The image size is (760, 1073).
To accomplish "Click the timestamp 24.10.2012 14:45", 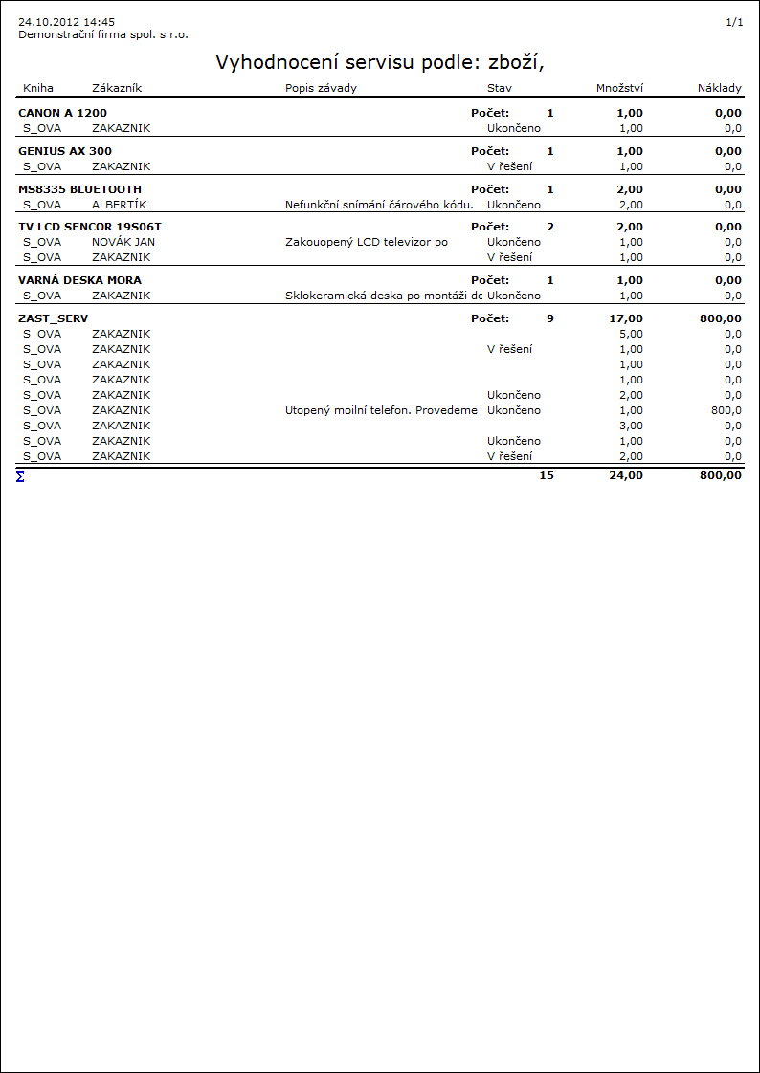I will click(66, 21).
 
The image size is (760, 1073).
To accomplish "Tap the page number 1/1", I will click(734, 21).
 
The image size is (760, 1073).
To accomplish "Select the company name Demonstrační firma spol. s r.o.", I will click(103, 34).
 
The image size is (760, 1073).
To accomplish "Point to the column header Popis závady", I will click(321, 88).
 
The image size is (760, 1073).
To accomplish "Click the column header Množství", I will click(619, 88).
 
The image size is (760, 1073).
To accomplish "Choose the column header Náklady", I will click(720, 88).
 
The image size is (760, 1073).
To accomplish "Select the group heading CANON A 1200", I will click(62, 113).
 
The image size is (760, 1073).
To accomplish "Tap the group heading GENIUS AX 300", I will click(65, 151).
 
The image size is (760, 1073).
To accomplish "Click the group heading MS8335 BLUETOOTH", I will click(79, 189).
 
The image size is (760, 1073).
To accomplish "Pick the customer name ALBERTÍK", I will click(120, 205).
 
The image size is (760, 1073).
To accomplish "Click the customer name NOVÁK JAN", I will click(123, 242).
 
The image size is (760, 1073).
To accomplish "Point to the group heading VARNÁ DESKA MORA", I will click(79, 280).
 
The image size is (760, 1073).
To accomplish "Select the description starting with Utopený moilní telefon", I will click(381, 410).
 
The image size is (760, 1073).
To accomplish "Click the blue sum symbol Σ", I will click(20, 475).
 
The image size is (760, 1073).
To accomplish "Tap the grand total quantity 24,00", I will click(626, 475).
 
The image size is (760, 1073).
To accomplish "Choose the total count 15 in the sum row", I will click(547, 475).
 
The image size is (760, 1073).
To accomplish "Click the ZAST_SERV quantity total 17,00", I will click(626, 318).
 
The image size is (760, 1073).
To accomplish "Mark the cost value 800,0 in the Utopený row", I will click(726, 410).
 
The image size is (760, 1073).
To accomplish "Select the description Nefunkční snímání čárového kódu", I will click(379, 205).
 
